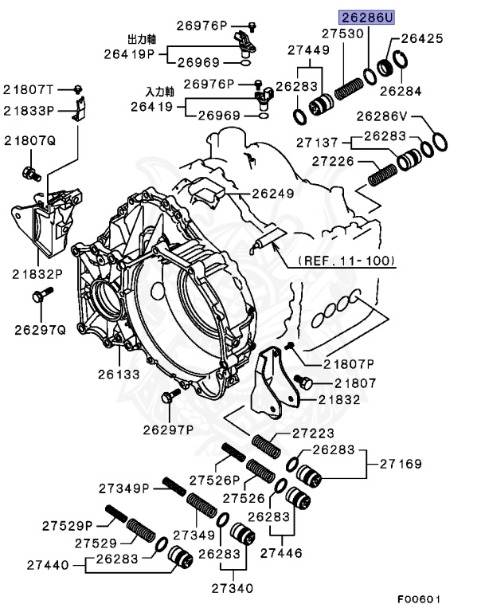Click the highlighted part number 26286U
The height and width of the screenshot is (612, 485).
367,17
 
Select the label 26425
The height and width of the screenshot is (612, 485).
421,37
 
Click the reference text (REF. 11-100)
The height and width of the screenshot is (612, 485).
346,261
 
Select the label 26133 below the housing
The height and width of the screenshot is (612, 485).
119,373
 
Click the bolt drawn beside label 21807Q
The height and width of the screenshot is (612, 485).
29,171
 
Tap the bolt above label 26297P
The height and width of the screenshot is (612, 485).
168,396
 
